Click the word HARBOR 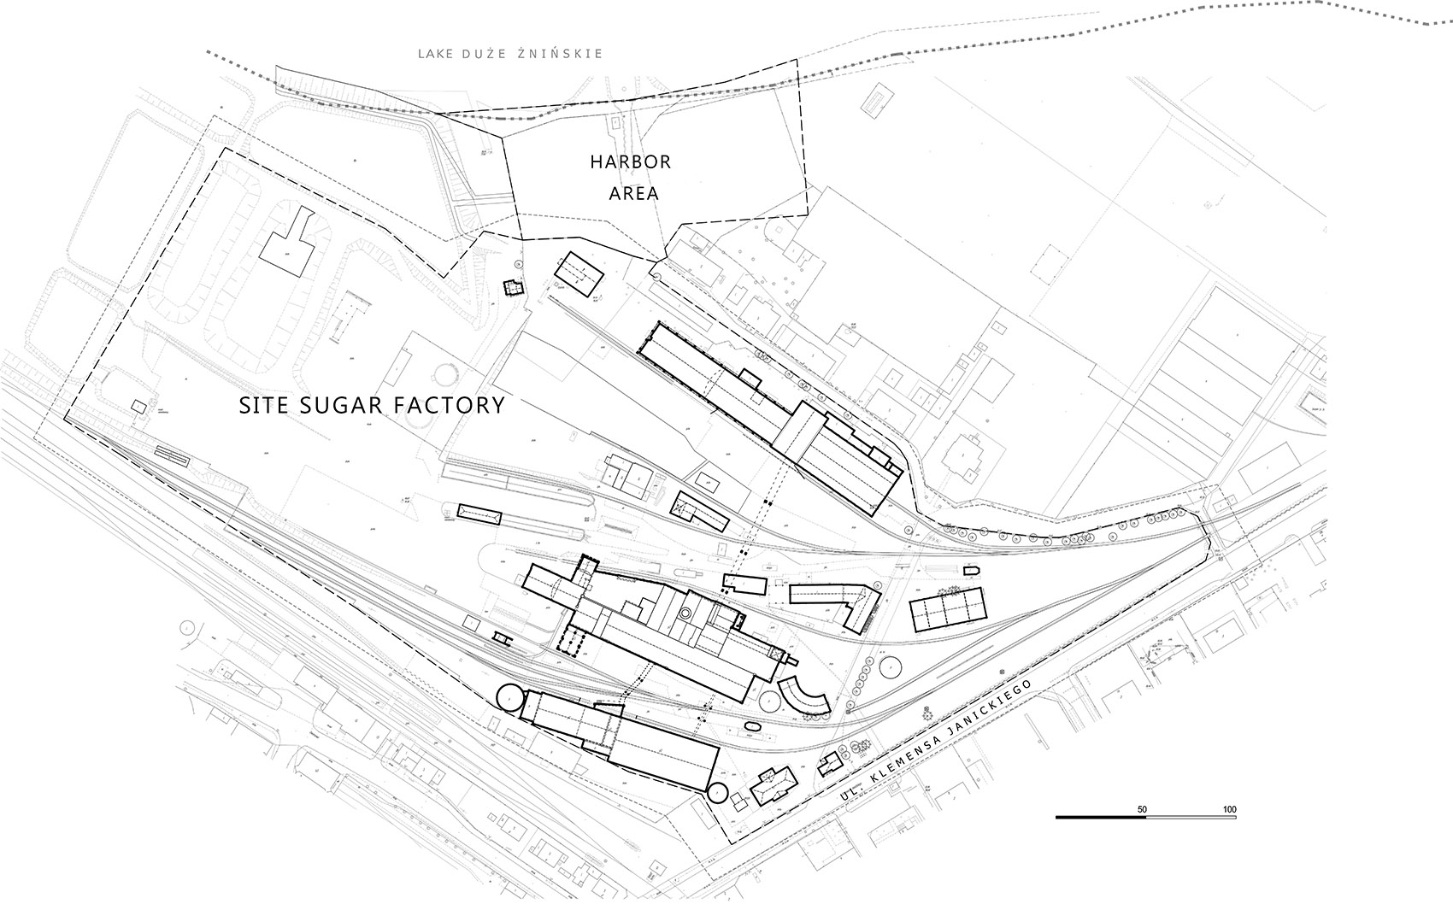[x=631, y=161]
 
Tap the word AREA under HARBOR [x=633, y=193]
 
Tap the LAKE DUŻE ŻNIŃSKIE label [x=510, y=54]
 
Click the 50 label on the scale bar [x=1142, y=809]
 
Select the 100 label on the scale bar [x=1229, y=809]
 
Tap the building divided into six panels [x=948, y=609]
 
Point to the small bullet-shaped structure [x=972, y=570]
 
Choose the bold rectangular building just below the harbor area [x=580, y=273]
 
